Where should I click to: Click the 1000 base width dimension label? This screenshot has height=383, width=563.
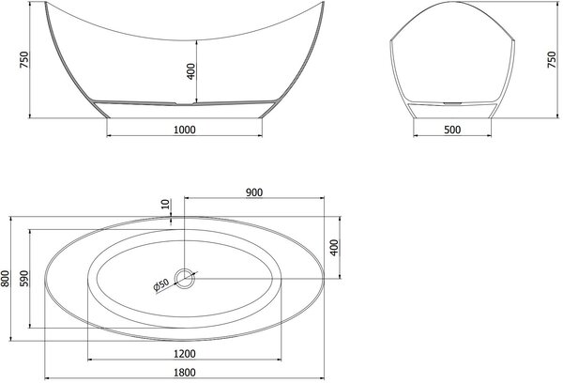185,130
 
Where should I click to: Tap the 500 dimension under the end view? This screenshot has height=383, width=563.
452,130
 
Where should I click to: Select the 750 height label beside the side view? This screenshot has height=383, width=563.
23,60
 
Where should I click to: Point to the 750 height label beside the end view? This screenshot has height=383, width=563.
552,60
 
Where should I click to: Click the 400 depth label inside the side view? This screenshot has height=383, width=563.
191,71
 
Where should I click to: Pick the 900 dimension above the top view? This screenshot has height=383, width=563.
254,192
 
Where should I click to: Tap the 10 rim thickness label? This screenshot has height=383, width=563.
165,204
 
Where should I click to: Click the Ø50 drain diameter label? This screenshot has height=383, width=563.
161,285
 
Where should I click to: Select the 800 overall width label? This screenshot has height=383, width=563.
6,279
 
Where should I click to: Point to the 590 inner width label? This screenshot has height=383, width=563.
24,279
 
